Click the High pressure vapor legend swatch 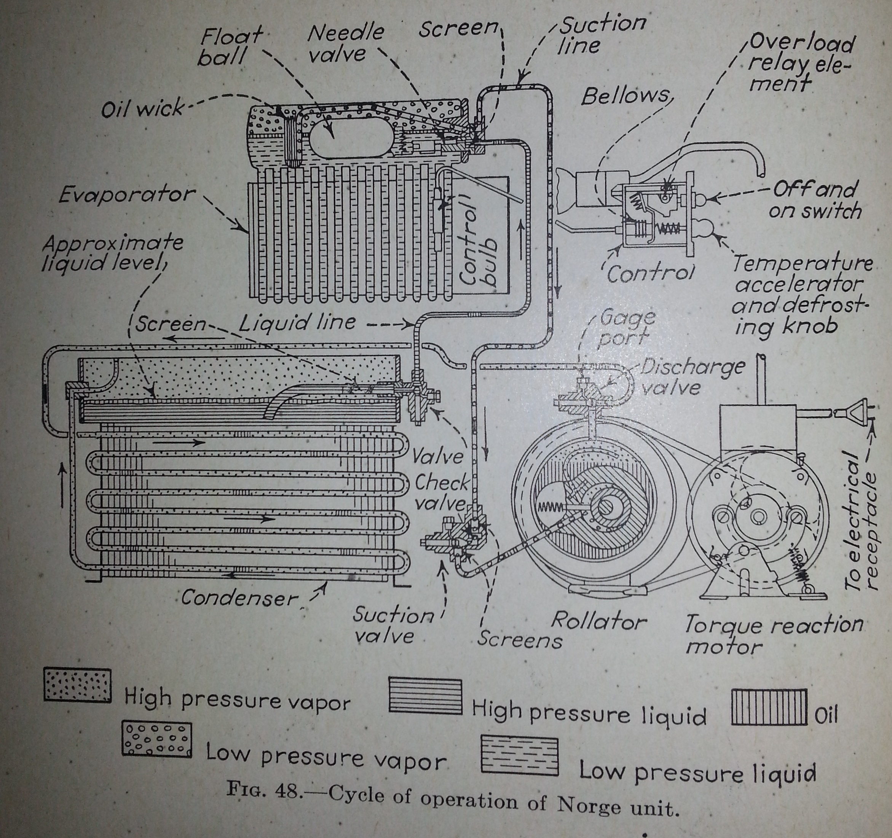(x=77, y=685)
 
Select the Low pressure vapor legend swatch (x=156, y=740)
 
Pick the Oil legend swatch (x=769, y=707)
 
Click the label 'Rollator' (x=598, y=621)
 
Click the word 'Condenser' (x=239, y=597)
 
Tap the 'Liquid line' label (x=297, y=323)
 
